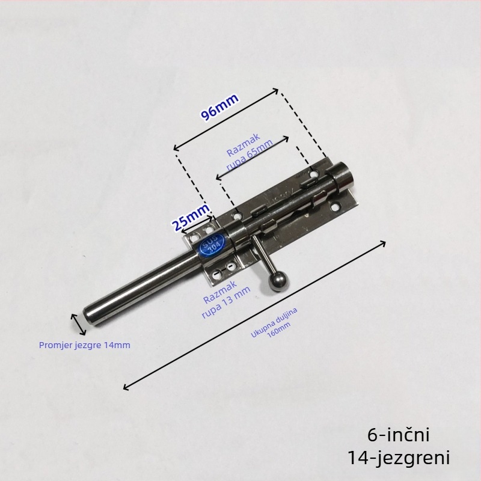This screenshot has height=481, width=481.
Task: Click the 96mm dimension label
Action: coord(219,106)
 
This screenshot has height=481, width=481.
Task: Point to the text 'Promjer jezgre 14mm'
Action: coord(85,345)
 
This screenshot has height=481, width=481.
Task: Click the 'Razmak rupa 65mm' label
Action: coord(248,152)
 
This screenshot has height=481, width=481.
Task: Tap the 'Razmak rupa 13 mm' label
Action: coord(225,299)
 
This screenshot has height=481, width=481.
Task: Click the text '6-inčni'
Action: coord(399,435)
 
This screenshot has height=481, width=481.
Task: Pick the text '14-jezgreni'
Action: coord(399,458)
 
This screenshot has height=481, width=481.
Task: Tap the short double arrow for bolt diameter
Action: coord(79,324)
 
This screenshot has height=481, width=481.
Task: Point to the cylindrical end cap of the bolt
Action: coord(343,175)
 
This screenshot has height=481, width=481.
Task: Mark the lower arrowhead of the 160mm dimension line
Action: coord(126,387)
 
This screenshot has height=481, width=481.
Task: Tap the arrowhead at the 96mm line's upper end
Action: coord(275,91)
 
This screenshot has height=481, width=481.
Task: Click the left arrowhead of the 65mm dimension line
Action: coord(218,177)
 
